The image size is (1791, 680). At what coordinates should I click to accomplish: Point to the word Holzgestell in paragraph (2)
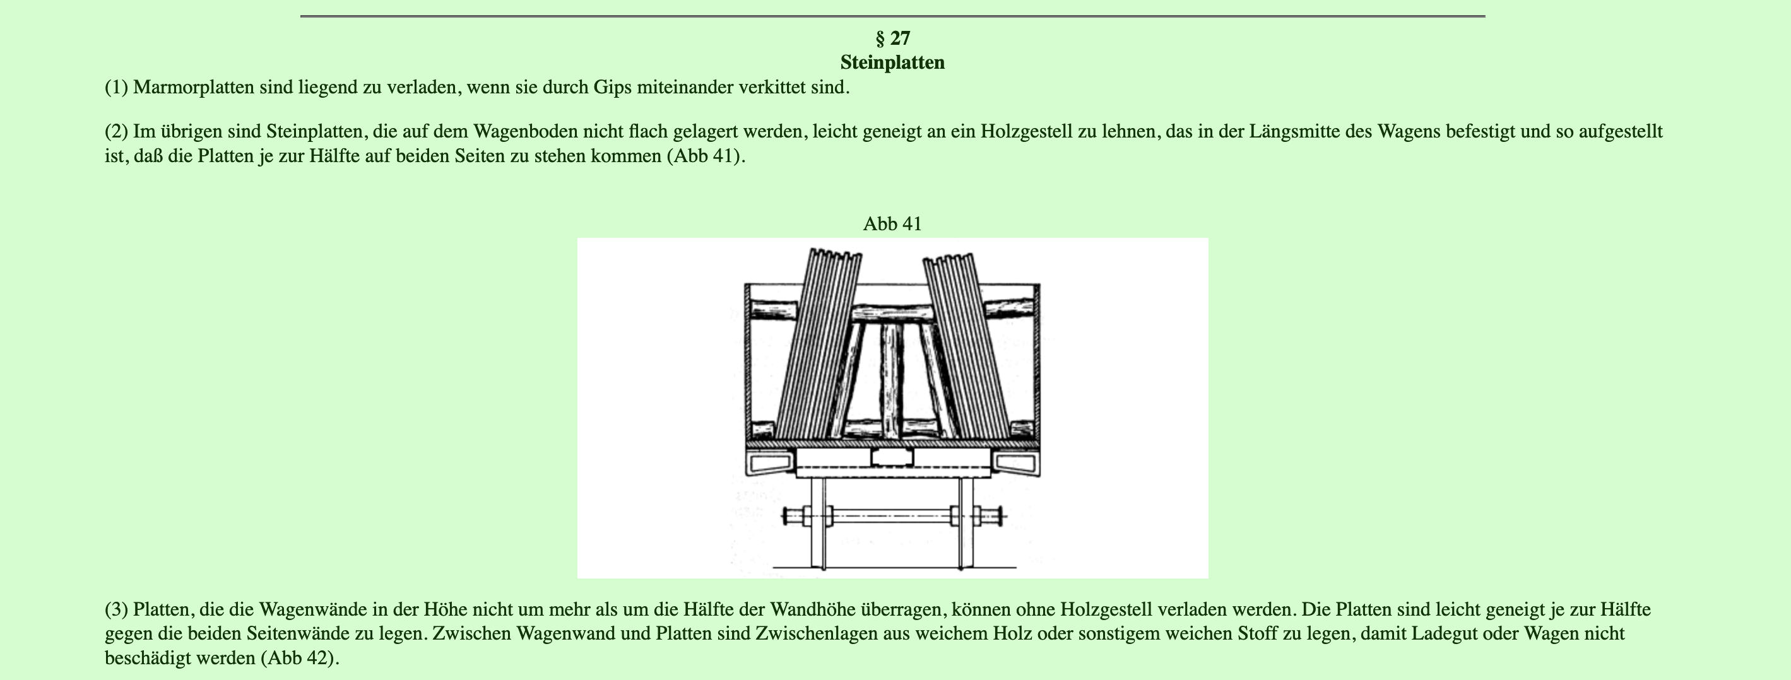(1027, 131)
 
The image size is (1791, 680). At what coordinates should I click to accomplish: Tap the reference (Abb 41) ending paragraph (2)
(706, 156)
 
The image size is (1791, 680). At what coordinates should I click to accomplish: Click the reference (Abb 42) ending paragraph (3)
(300, 658)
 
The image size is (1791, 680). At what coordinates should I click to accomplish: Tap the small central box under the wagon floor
(892, 457)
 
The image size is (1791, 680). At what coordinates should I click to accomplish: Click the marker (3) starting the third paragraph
(116, 610)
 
